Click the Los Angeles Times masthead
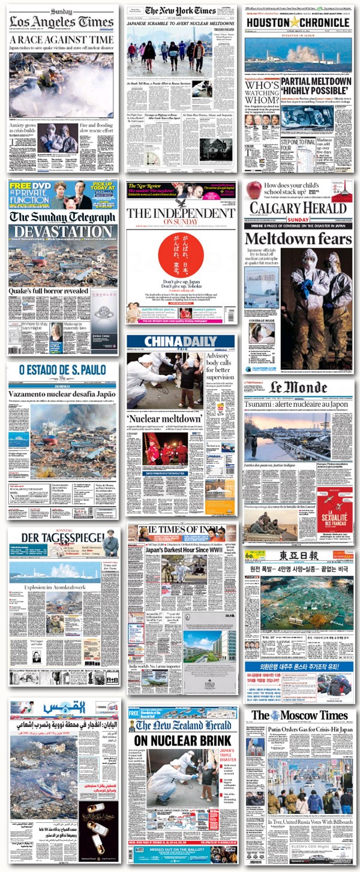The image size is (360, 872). pyautogui.click(x=61, y=22)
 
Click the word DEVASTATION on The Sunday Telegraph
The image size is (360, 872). pyautogui.click(x=62, y=231)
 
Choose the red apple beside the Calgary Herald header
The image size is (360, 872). pyautogui.click(x=254, y=190)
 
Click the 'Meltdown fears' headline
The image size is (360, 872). pyautogui.click(x=298, y=239)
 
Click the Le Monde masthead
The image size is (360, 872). pyautogui.click(x=298, y=387)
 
